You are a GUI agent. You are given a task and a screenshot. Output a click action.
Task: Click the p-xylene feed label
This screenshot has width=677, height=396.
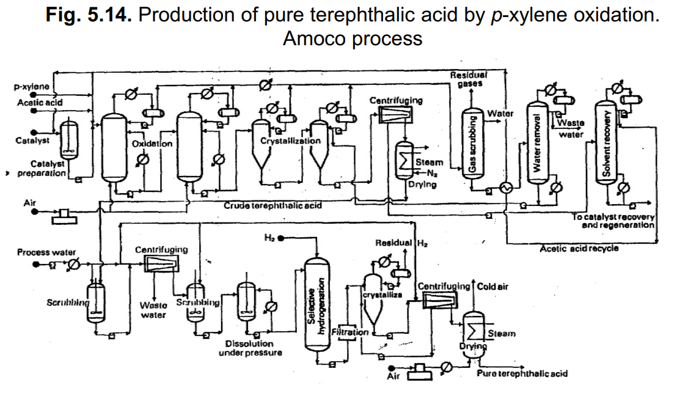pos(32,87)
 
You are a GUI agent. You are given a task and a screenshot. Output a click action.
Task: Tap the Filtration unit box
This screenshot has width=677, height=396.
pos(349,332)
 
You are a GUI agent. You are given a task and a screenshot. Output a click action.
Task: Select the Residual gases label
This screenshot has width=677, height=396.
pos(467,78)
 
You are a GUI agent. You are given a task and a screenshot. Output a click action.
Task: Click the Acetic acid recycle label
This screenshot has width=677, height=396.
pos(579,248)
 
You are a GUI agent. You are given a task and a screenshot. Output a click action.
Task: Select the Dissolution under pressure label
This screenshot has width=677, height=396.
pos(249,348)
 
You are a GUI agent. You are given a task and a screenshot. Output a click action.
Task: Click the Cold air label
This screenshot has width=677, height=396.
pos(492,286)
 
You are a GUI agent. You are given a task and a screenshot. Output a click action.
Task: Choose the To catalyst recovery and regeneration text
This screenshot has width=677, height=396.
pos(613,221)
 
